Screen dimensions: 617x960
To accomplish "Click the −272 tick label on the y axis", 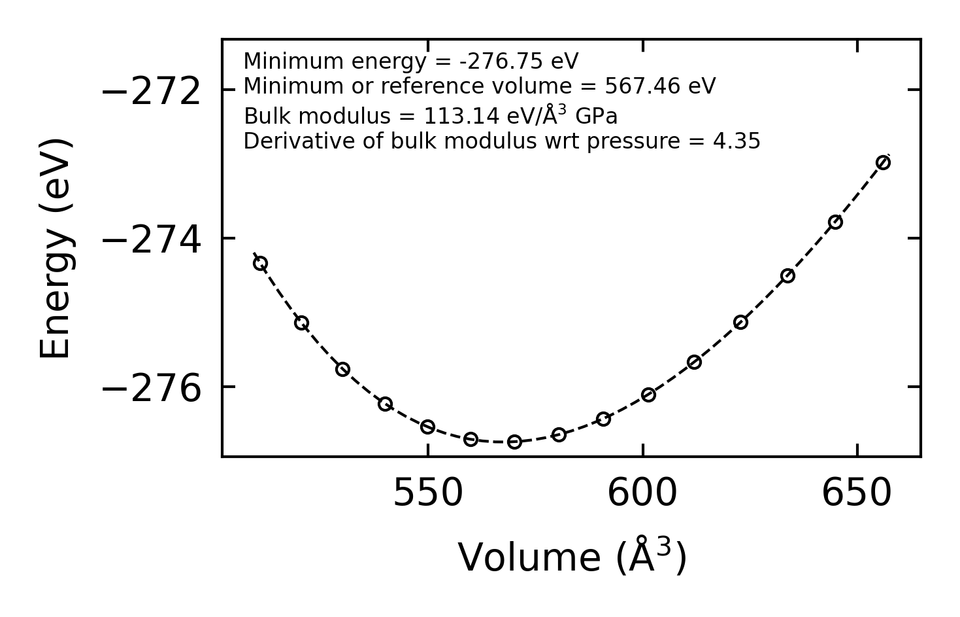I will [151, 92].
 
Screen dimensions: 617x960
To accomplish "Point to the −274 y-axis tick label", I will [151, 241].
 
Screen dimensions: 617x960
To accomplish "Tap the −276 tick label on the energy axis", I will [151, 390].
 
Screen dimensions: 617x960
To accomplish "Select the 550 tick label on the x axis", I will [428, 494].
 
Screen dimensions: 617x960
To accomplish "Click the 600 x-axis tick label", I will [642, 494].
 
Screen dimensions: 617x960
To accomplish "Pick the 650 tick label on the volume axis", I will [857, 494].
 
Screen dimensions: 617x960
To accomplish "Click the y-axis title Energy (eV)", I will [55, 249].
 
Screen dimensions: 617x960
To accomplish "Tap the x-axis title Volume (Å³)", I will [572, 557].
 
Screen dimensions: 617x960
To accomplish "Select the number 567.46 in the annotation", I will [642, 86].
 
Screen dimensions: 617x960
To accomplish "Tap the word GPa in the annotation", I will [596, 116].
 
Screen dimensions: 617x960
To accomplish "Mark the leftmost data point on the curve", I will [260, 264].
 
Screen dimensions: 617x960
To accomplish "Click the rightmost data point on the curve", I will [883, 162].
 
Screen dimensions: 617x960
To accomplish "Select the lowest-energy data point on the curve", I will [514, 442].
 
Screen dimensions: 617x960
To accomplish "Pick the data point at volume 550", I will [428, 427].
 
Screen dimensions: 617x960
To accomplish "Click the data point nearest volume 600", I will [648, 395].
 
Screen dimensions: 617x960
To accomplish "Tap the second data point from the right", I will [835, 222].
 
